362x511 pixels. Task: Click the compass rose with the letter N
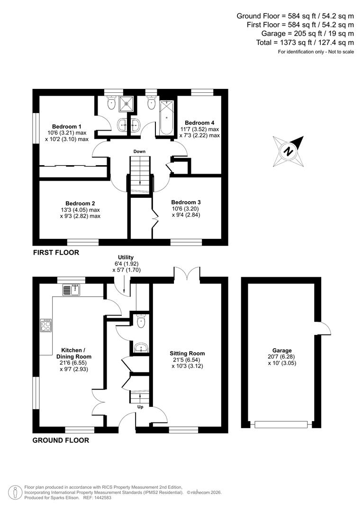(x=288, y=151)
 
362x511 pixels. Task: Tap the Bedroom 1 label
(x=67, y=127)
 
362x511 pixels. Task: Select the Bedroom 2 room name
(x=80, y=203)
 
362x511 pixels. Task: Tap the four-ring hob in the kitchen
(x=46, y=325)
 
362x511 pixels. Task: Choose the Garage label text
(x=282, y=351)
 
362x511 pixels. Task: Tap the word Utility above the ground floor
(x=126, y=257)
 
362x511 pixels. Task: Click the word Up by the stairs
(x=140, y=407)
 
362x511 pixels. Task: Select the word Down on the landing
(x=139, y=151)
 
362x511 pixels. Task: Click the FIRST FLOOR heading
(x=56, y=253)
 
